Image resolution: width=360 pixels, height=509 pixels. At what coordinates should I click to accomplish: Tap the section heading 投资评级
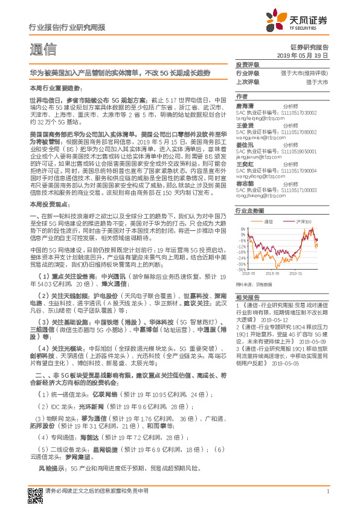(246, 63)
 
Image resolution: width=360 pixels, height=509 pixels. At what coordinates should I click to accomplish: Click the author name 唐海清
(245, 105)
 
